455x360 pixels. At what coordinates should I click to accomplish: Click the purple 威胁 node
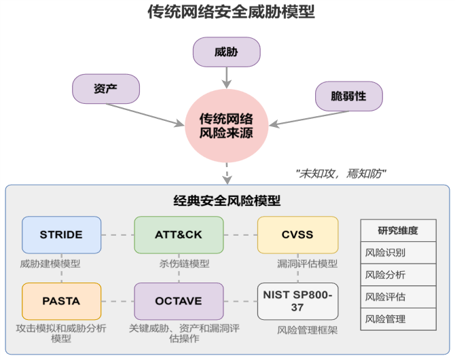click(x=226, y=52)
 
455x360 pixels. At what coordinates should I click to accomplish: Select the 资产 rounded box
click(x=106, y=88)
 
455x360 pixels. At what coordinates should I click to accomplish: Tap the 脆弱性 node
click(x=349, y=96)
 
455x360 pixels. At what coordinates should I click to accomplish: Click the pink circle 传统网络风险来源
click(x=226, y=126)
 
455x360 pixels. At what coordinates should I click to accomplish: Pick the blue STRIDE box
click(x=62, y=235)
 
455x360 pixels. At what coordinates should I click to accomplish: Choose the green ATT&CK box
click(x=179, y=235)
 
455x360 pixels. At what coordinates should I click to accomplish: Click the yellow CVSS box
click(x=297, y=235)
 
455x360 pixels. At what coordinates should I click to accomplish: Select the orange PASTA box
click(x=62, y=302)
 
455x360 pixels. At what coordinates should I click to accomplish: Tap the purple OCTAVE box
click(x=179, y=302)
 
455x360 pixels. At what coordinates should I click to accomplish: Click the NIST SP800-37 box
click(x=297, y=302)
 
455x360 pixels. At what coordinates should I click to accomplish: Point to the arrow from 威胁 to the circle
click(x=227, y=78)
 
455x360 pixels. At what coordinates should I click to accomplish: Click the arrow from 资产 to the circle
click(x=145, y=115)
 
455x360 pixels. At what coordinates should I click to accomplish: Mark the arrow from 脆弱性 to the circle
click(x=309, y=118)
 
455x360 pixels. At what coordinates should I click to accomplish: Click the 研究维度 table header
click(x=398, y=230)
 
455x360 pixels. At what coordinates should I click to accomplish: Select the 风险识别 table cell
click(x=398, y=253)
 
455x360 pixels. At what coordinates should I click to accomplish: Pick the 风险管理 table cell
click(x=398, y=319)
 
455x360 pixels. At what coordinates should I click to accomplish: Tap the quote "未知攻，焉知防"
click(x=341, y=174)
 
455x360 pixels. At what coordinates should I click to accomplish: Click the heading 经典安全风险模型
click(x=227, y=200)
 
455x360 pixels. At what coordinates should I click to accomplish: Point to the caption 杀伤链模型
click(x=184, y=264)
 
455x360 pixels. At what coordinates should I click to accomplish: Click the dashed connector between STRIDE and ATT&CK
click(x=117, y=235)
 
